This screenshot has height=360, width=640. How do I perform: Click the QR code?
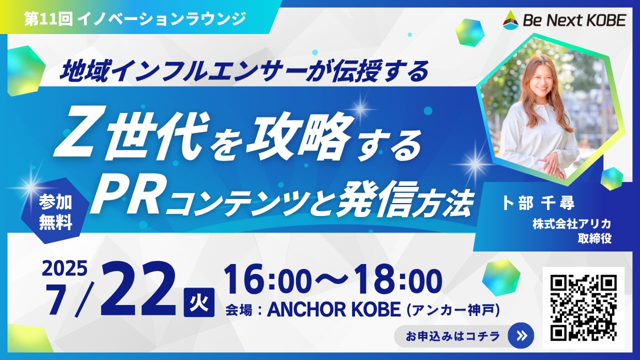[583, 307]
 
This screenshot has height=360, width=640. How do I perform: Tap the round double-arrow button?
[521, 335]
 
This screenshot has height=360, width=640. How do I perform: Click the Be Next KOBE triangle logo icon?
[510, 20]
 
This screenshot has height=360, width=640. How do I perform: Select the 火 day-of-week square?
[199, 302]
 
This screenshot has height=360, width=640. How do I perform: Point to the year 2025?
[64, 268]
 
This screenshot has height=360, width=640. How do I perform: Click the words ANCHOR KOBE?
[333, 309]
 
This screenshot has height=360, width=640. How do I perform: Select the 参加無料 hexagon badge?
[55, 211]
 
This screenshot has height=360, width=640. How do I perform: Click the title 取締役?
[594, 238]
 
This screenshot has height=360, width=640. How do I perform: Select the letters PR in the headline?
[125, 197]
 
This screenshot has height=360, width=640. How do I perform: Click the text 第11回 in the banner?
[48, 19]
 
